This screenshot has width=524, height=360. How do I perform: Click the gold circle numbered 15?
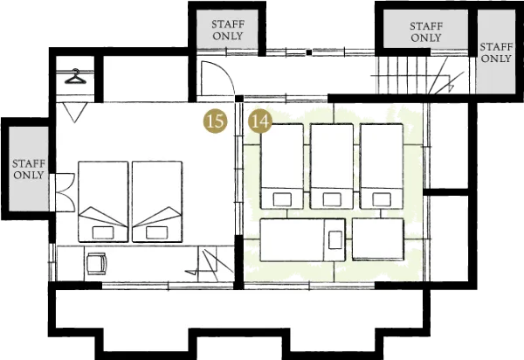215,121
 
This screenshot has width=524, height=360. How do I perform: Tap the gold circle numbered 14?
260,121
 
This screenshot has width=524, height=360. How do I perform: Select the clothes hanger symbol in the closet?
75,77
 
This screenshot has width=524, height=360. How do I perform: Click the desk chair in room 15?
97,263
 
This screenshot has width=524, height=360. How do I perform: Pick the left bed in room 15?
103,202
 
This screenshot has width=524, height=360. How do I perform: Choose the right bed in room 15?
157,202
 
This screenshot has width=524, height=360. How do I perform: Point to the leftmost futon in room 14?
282,167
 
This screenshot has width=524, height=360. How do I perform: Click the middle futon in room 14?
332,167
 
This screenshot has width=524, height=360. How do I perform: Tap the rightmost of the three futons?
382,167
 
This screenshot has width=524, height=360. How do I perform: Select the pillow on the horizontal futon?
334,240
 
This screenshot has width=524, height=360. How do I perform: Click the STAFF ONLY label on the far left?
29,170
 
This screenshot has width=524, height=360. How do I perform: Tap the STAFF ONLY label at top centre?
228,30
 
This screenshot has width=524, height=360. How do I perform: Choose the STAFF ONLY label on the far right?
496,52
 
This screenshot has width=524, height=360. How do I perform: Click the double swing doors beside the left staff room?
65,192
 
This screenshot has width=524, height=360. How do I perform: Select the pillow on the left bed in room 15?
103,232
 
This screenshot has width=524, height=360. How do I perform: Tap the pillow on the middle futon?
332,199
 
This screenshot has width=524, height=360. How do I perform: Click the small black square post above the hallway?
309,52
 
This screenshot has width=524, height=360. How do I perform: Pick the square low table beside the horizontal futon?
378,239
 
